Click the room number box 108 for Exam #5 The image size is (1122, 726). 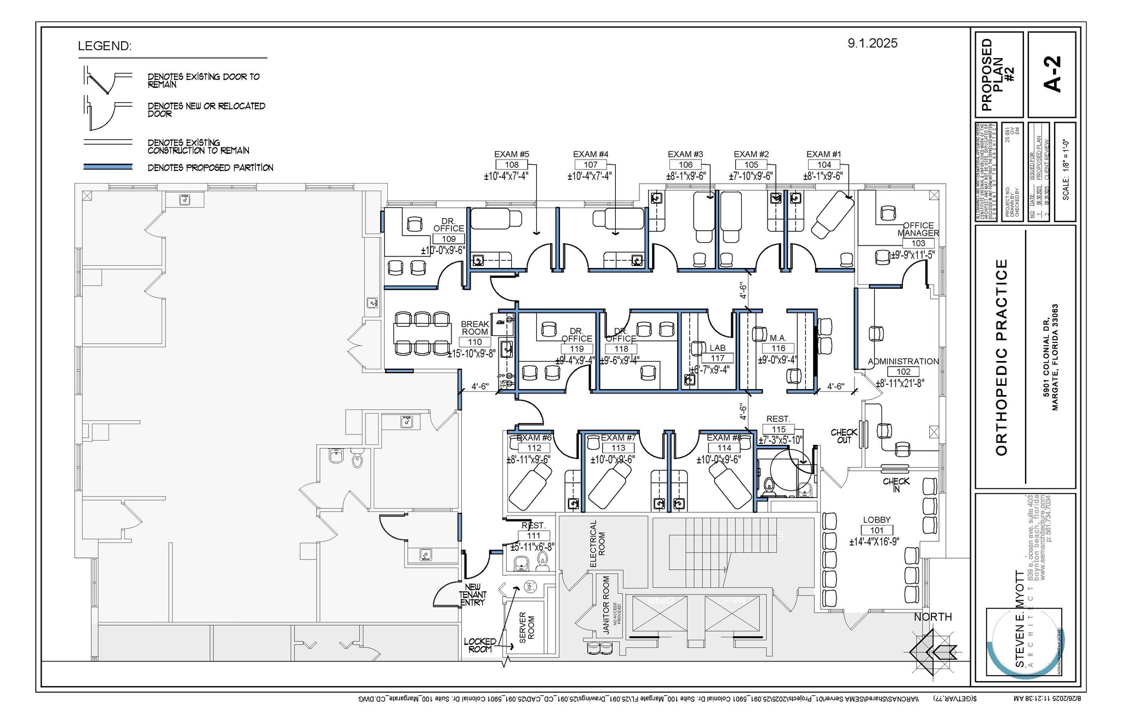(512, 164)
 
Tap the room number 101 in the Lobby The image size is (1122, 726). (877, 530)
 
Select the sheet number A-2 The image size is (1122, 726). (1052, 74)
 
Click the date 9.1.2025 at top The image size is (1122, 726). (872, 43)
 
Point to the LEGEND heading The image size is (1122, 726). (105, 46)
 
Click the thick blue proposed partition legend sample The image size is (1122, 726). (107, 167)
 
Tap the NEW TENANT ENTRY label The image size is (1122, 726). (473, 594)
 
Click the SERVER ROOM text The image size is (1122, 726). (526, 627)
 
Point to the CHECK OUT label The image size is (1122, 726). (844, 436)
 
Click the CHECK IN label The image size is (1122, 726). (896, 485)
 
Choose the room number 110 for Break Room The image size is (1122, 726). (474, 342)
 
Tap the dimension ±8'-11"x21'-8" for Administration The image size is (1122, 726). (900, 384)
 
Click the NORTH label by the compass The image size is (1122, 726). (932, 617)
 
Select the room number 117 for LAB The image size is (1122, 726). (717, 358)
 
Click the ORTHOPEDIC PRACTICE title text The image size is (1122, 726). (1001, 357)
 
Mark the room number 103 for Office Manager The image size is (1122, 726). (918, 243)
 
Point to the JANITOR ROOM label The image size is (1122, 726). (606, 605)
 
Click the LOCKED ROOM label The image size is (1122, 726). (479, 645)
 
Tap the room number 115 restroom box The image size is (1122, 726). (778, 430)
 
